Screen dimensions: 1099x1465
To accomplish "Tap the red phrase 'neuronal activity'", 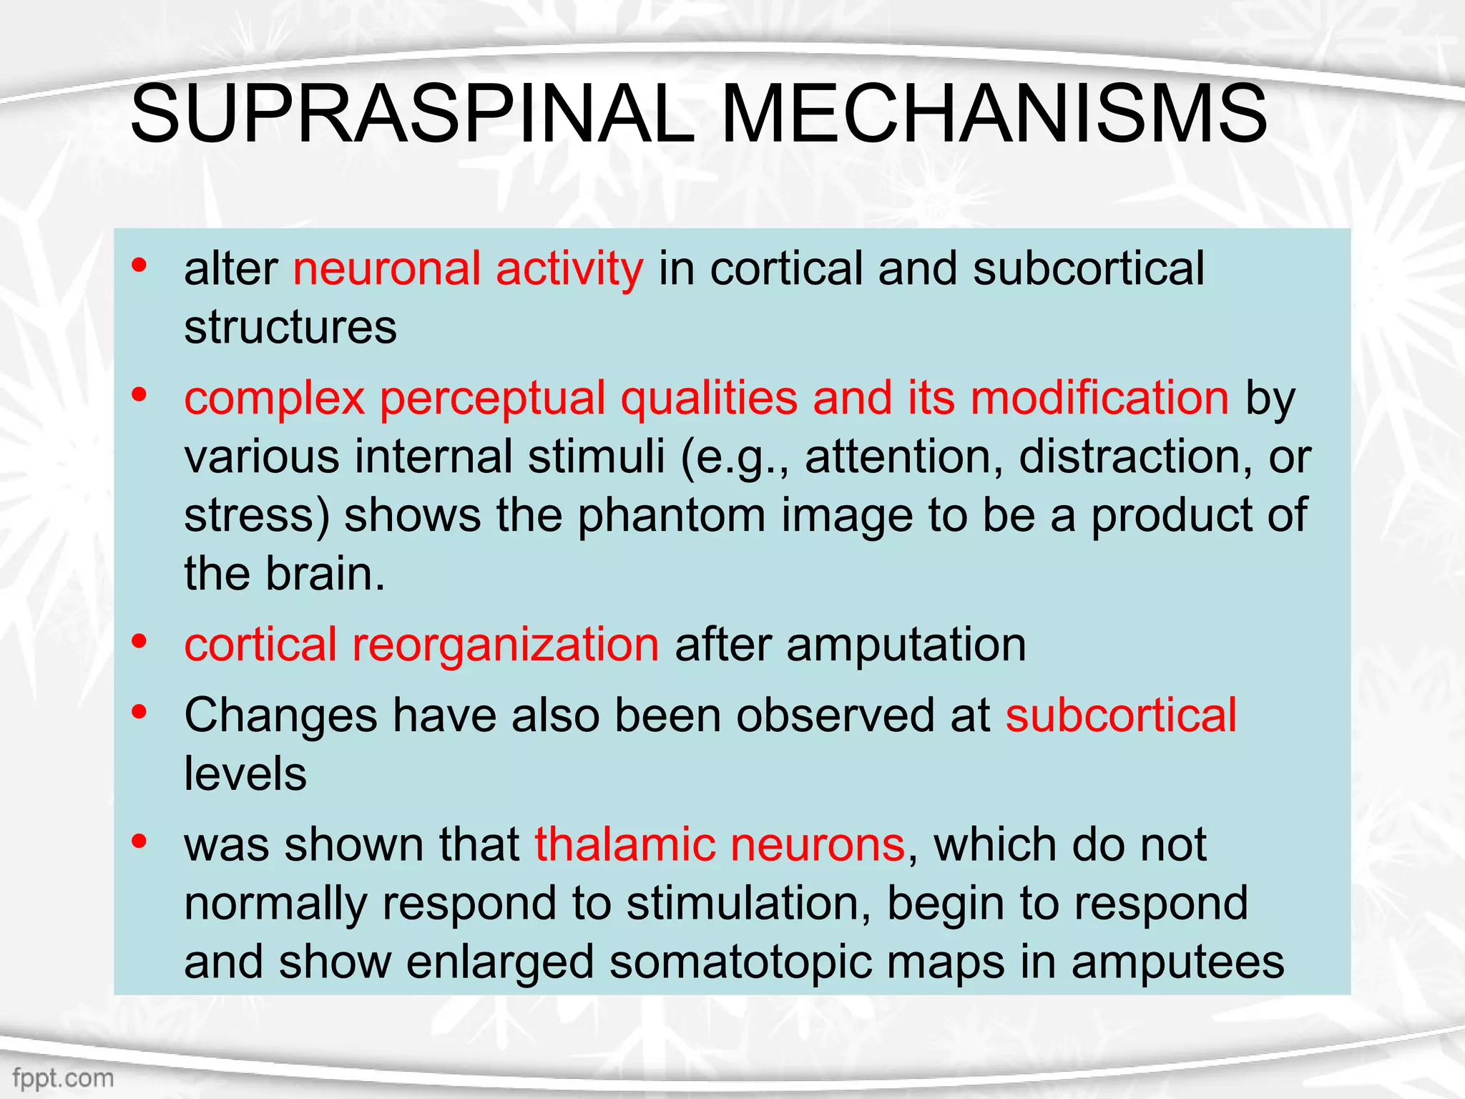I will click(468, 269).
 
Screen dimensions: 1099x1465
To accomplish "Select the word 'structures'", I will click(290, 328).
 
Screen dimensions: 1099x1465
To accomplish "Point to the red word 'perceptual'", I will click(492, 399).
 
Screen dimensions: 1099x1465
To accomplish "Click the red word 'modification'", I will click(1099, 398).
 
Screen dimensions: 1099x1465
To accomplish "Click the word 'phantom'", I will click(672, 515).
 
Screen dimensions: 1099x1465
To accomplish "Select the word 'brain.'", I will click(325, 574).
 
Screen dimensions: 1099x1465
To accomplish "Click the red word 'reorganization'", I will click(505, 645).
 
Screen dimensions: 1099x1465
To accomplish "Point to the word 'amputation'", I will click(906, 645).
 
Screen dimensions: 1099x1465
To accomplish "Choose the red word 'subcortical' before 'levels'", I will click(1121, 715).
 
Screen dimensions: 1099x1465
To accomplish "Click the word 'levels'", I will click(245, 774).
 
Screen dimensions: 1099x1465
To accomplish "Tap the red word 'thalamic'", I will click(624, 845).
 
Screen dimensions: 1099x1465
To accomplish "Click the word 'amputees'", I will click(1177, 962).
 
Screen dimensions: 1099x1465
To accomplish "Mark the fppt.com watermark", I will click(63, 1078).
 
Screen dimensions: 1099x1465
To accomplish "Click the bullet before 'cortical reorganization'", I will click(139, 641).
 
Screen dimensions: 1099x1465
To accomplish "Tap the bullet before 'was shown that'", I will click(139, 841).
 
